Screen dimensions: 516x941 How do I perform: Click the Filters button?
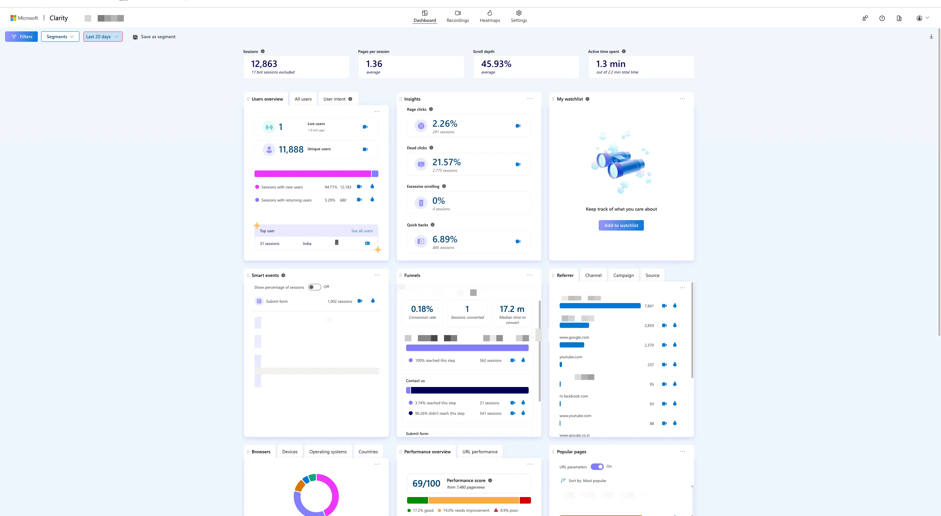pyautogui.click(x=22, y=37)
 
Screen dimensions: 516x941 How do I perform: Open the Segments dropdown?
pyautogui.click(x=60, y=37)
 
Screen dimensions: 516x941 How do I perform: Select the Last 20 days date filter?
pyautogui.click(x=103, y=37)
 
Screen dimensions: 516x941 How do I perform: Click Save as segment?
pyautogui.click(x=154, y=37)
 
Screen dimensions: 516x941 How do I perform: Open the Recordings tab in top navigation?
pyautogui.click(x=457, y=16)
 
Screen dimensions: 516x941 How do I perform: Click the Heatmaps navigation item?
pyautogui.click(x=489, y=16)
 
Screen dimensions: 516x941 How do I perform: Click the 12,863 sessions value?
pyautogui.click(x=264, y=64)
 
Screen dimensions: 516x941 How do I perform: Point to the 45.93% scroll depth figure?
pyautogui.click(x=496, y=64)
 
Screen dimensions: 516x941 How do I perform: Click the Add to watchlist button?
pyautogui.click(x=621, y=225)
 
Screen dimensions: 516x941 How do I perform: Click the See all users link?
pyautogui.click(x=362, y=231)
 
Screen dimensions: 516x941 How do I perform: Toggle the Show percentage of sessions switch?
pyautogui.click(x=314, y=287)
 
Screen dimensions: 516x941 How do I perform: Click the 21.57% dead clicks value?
pyautogui.click(x=446, y=162)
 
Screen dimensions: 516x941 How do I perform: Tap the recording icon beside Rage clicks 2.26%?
pyautogui.click(x=518, y=126)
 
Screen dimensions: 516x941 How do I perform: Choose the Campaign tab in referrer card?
pyautogui.click(x=623, y=275)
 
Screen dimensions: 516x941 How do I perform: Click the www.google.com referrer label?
pyautogui.click(x=574, y=337)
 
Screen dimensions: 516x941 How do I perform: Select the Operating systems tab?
pyautogui.click(x=328, y=452)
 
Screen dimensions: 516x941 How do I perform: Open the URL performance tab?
pyautogui.click(x=480, y=452)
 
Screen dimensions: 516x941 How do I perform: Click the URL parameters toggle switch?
pyautogui.click(x=597, y=467)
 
